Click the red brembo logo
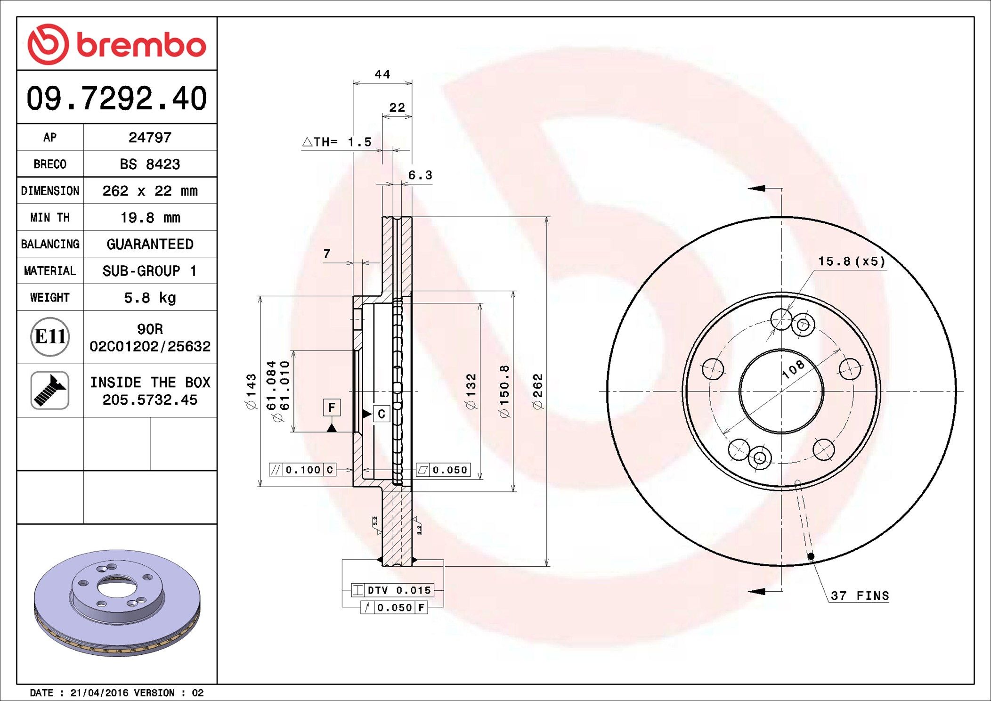pyautogui.click(x=117, y=44)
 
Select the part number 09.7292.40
pyautogui.click(x=117, y=98)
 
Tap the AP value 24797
pyautogui.click(x=150, y=138)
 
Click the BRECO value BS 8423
pyautogui.click(x=150, y=164)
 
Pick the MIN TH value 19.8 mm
pyautogui.click(x=150, y=218)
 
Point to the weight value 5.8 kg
pyautogui.click(x=150, y=298)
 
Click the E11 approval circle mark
pyautogui.click(x=50, y=336)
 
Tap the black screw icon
pyautogui.click(x=50, y=390)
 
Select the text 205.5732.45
pyautogui.click(x=150, y=400)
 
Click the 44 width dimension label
pyautogui.click(x=382, y=74)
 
